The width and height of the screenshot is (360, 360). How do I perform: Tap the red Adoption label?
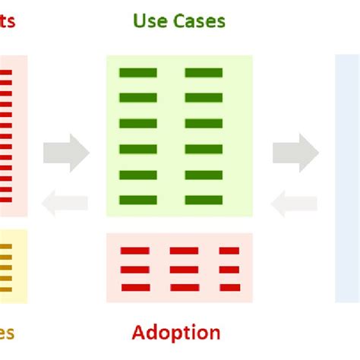coord(176,333)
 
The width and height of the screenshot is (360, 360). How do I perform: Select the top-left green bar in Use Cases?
coord(138,73)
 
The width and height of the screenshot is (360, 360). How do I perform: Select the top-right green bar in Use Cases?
coord(204,73)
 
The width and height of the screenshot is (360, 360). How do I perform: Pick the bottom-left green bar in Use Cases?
coord(138,201)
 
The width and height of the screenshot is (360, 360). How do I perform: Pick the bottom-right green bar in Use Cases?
coord(204,201)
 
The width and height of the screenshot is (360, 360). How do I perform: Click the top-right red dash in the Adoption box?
coord(229,251)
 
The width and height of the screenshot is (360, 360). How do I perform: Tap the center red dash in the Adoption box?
coord(184,269)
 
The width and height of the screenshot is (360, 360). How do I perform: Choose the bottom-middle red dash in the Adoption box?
coord(184,287)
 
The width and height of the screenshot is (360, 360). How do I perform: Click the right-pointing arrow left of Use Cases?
coord(66,153)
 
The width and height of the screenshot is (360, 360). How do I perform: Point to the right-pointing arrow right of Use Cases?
coord(295,153)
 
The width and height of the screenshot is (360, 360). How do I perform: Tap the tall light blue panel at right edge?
coord(348,178)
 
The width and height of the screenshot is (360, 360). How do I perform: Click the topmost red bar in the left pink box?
coord(6,74)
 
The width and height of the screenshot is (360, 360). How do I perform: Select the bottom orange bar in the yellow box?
coord(6,289)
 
